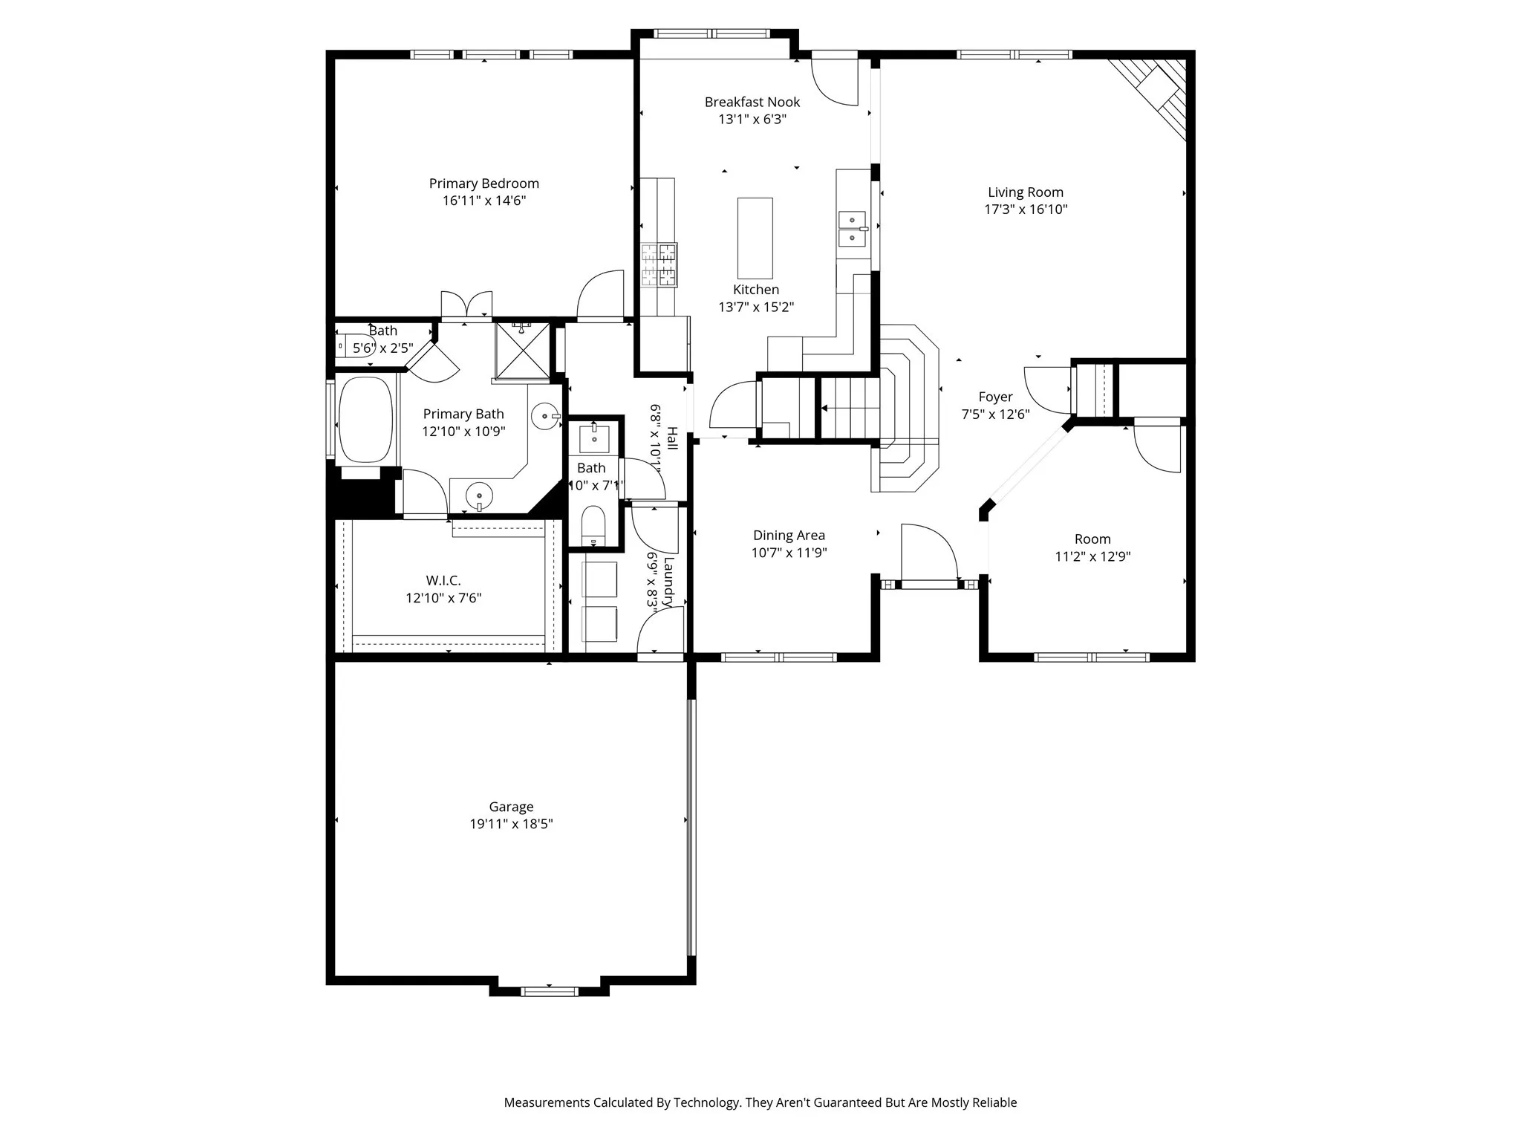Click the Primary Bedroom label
483,183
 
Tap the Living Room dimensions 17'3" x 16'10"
1026,209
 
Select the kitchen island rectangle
755,238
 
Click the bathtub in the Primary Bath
365,420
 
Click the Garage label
511,807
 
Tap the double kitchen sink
853,229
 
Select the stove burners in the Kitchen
659,265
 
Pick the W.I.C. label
443,580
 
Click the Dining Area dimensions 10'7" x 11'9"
789,553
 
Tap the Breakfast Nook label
752,102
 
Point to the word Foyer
995,397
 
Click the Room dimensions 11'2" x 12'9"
1092,556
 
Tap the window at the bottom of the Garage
549,991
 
